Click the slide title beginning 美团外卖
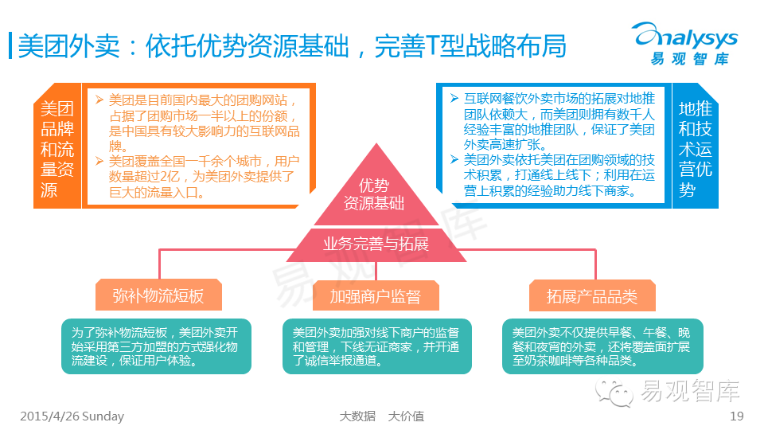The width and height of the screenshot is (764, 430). [291, 45]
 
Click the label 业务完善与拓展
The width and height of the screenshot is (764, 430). [376, 244]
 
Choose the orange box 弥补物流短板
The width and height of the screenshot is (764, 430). [158, 296]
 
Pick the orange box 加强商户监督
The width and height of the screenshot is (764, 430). [376, 296]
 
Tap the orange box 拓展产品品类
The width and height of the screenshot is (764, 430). [592, 296]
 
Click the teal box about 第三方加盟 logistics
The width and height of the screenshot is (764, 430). [156, 346]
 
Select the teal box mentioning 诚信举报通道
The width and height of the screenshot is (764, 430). [376, 346]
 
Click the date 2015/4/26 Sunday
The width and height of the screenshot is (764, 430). [72, 416]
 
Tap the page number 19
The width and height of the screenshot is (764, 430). [736, 416]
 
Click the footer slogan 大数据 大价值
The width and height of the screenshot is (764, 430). [381, 416]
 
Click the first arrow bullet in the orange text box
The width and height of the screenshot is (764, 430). [99, 100]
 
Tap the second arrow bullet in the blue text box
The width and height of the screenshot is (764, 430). [454, 159]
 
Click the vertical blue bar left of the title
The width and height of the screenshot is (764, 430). [10, 45]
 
